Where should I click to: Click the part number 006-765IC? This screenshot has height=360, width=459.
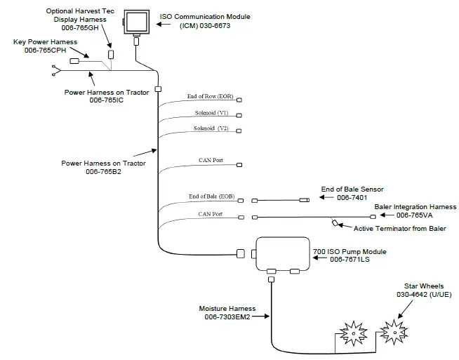[x=107, y=100]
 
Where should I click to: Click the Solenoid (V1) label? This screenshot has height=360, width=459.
[x=211, y=112]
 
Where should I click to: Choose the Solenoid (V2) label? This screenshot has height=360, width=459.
[x=211, y=128]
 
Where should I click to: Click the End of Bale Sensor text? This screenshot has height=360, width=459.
[x=352, y=189]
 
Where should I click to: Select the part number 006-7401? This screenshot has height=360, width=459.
[x=352, y=198]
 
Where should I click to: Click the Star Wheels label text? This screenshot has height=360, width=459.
[x=423, y=286]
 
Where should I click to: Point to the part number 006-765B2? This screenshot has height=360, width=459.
[x=104, y=171]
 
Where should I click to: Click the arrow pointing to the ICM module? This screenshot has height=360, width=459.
[x=168, y=25]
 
